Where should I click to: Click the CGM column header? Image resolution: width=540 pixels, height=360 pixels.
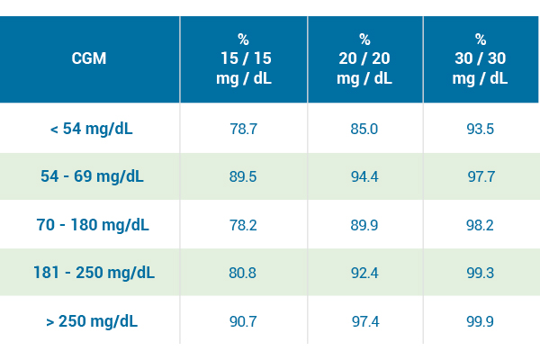tap(89, 58)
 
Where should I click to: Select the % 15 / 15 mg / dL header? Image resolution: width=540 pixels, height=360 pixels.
tap(243, 58)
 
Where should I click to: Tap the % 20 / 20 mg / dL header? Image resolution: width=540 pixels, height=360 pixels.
tap(364, 58)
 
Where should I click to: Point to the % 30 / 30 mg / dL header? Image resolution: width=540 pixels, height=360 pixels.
tap(481, 58)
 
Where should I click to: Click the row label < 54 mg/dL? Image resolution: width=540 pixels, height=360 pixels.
tap(91, 129)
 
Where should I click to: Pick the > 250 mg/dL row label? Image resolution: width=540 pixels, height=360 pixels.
tap(91, 320)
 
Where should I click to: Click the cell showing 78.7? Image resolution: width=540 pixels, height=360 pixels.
tap(243, 129)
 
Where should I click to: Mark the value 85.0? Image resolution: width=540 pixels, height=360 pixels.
tap(364, 129)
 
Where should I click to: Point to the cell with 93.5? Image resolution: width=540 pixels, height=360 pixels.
tap(481, 129)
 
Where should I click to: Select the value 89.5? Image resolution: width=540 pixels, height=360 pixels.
tap(243, 176)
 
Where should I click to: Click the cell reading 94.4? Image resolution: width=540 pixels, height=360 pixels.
tap(364, 176)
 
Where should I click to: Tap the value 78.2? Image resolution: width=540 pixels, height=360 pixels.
tap(243, 224)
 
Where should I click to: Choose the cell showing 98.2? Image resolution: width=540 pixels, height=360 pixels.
tap(481, 224)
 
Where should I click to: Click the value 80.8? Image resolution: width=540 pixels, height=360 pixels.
tap(243, 272)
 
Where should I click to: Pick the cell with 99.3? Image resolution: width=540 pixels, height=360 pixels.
tap(481, 272)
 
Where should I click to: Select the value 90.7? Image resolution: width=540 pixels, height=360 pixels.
tap(243, 320)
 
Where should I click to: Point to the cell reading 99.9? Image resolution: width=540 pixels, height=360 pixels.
tap(481, 320)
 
